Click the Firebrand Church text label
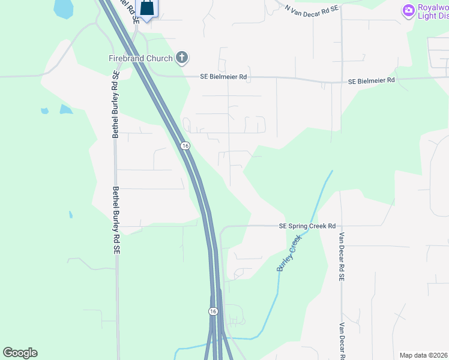pos(140,58)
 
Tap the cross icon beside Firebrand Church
pos(182,58)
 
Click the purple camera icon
pos(409,10)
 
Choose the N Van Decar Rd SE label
pos(312,8)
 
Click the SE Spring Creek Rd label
pos(307,226)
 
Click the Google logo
pos(20,353)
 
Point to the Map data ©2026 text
pos(423,355)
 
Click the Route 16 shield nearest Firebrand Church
pos(185,146)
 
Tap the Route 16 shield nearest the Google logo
pos(213,311)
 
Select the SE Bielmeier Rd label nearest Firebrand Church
pos(223,77)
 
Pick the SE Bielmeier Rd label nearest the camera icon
pos(372,80)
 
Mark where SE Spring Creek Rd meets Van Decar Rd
pos(341,226)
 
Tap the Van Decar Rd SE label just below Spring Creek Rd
pos(342,257)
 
